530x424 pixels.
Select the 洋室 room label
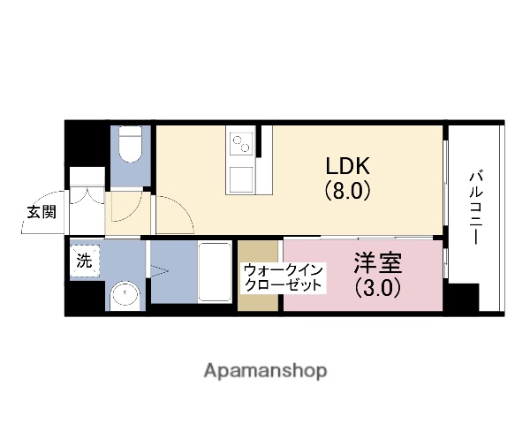pos(379,262)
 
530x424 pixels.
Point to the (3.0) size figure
pos(379,287)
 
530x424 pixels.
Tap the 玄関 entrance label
pos(41,212)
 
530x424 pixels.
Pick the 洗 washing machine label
pos(84,260)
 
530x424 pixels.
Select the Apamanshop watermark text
pos(265,369)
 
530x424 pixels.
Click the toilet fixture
pos(132,146)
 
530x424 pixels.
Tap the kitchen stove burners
pos(241,140)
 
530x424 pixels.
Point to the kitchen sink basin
pos(241,178)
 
